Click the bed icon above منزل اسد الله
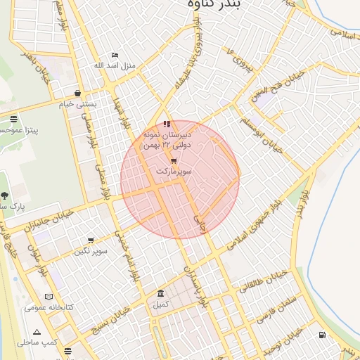pyautogui.click(x=115, y=56)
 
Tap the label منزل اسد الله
pyautogui.click(x=114, y=66)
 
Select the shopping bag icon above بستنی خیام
pyautogui.click(x=77, y=93)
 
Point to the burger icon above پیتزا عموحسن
pyautogui.click(x=14, y=119)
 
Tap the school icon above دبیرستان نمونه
pyautogui.click(x=166, y=124)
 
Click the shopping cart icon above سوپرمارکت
pyautogui.click(x=173, y=161)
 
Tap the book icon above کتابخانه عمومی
pyautogui.click(x=49, y=297)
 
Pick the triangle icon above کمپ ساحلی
pyautogui.click(x=37, y=332)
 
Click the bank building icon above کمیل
pyautogui.click(x=161, y=293)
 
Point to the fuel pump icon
pyautogui.click(x=322, y=335)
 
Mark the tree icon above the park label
pyautogui.click(x=6, y=196)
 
